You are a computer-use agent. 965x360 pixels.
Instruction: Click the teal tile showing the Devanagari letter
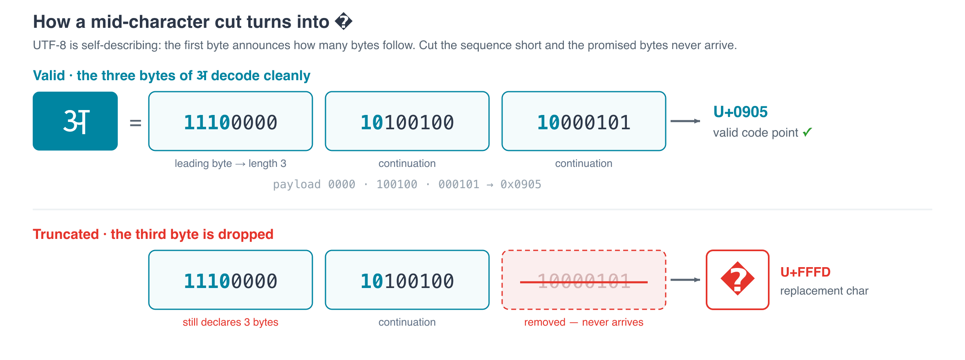coord(75,121)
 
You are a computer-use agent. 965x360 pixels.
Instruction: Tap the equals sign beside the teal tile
coord(135,123)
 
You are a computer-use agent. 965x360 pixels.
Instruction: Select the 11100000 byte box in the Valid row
coord(231,121)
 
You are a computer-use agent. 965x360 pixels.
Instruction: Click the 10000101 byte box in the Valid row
coord(584,121)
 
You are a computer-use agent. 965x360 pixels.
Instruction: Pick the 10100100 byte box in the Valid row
coord(407,121)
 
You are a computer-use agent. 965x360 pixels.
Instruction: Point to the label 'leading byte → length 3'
coord(231,164)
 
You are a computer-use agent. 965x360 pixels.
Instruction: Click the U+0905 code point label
coord(741,112)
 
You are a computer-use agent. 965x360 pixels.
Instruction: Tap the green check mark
coord(807,132)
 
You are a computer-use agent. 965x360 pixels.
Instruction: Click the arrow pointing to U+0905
coord(685,121)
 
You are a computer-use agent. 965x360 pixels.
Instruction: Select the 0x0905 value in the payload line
coord(521,184)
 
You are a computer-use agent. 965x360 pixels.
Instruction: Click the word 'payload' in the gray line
coord(297,185)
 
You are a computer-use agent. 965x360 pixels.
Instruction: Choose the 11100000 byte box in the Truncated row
coord(231,280)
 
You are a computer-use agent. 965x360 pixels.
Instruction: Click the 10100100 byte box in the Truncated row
coord(407,280)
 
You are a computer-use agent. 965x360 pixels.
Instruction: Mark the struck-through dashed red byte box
coord(584,280)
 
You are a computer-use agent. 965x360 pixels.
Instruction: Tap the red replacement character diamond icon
coord(738,279)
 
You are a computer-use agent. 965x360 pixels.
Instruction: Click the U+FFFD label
coord(806,272)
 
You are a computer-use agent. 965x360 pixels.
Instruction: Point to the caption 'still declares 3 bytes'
coord(231,322)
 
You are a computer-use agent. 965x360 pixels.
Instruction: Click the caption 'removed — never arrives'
coord(584,322)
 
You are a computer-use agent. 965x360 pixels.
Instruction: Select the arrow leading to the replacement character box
coord(685,280)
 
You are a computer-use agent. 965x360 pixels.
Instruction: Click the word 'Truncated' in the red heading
coord(66,234)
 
